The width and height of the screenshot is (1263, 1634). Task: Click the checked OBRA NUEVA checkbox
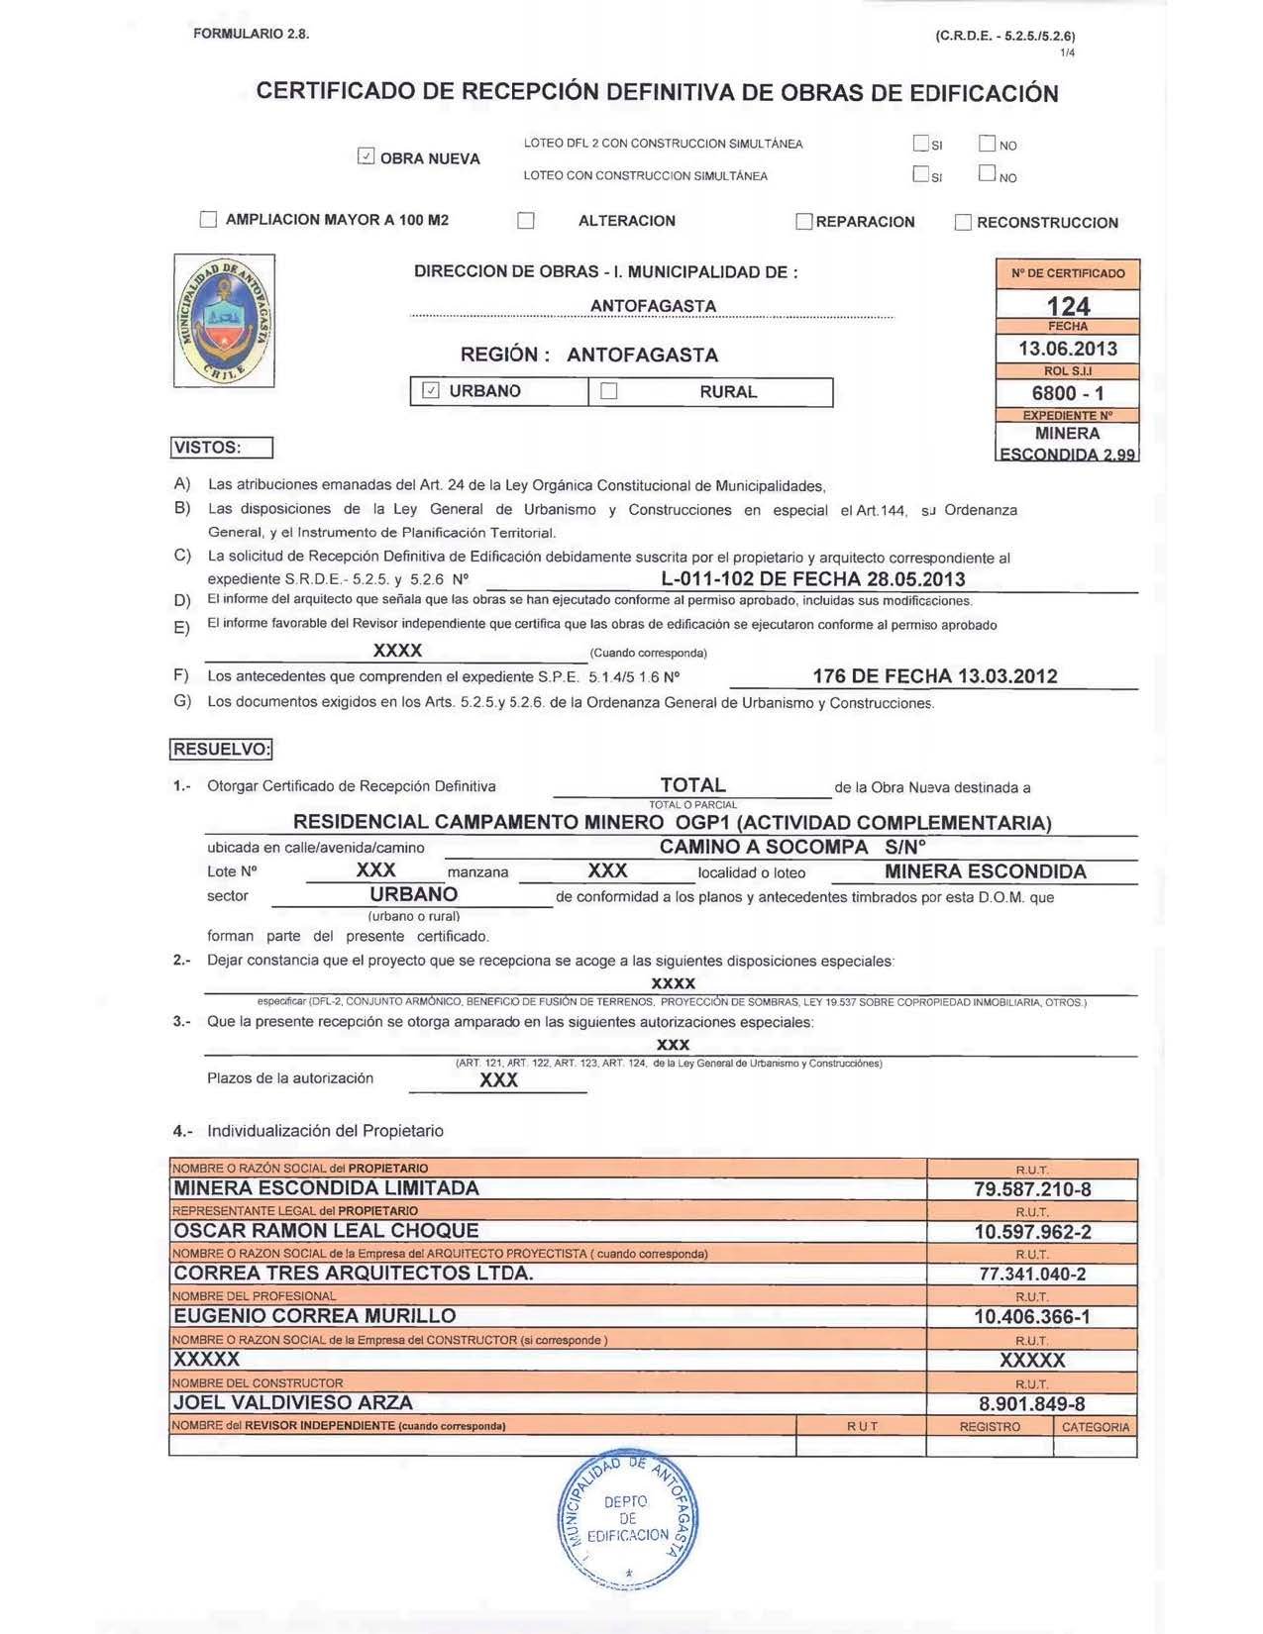pyautogui.click(x=367, y=156)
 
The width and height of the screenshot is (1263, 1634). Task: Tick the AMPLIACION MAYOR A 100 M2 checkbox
pyautogui.click(x=208, y=220)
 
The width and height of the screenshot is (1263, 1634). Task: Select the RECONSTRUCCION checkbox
pyautogui.click(x=963, y=223)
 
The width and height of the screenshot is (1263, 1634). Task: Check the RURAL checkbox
pyautogui.click(x=609, y=391)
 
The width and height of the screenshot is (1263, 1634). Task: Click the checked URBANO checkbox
pyautogui.click(x=431, y=391)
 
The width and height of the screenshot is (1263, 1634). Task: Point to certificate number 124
pyautogui.click(x=1068, y=306)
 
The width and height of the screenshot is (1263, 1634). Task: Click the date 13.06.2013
pyautogui.click(x=1068, y=349)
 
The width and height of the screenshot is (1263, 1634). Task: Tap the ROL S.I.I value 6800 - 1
pyautogui.click(x=1068, y=393)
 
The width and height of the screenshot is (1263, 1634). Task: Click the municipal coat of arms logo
pyautogui.click(x=224, y=320)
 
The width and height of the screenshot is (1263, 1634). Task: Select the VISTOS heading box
pyautogui.click(x=221, y=448)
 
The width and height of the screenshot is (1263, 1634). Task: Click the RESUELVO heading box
pyautogui.click(x=221, y=750)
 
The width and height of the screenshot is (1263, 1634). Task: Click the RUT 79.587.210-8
pyautogui.click(x=1032, y=1189)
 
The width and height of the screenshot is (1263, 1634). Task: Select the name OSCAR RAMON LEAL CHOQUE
pyautogui.click(x=326, y=1231)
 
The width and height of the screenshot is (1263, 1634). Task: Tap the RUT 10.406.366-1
pyautogui.click(x=1032, y=1317)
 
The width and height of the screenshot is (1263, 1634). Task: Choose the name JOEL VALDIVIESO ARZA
pyautogui.click(x=293, y=1403)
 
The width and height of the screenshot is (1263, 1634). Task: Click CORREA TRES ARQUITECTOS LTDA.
pyautogui.click(x=354, y=1274)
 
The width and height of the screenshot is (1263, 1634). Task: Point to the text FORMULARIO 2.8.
pyautogui.click(x=252, y=34)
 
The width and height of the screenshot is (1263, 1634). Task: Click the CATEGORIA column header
pyautogui.click(x=1095, y=1427)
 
